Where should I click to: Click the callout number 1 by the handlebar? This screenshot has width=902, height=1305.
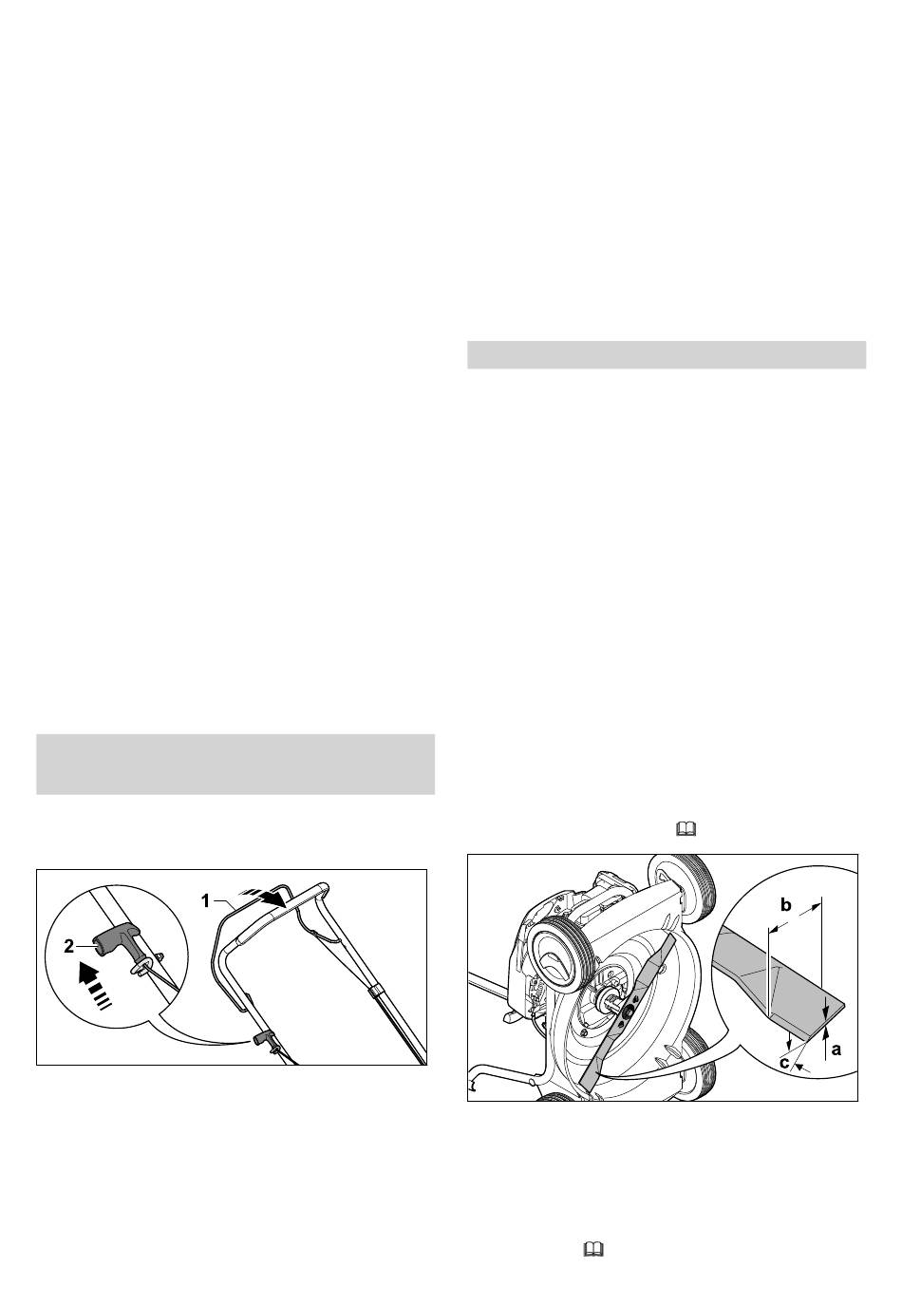205,901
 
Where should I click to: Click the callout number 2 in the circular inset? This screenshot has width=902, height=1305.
68,947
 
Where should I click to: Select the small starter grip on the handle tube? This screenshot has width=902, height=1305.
263,1038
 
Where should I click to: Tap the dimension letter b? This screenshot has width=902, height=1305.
785,905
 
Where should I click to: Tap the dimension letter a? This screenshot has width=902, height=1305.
836,1049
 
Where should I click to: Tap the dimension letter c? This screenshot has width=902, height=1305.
784,1062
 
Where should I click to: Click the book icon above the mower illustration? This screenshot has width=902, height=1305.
686,829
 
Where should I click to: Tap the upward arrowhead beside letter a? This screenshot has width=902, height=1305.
826,1033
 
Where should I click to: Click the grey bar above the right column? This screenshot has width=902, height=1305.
667,355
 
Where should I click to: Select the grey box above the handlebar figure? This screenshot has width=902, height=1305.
235,764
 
